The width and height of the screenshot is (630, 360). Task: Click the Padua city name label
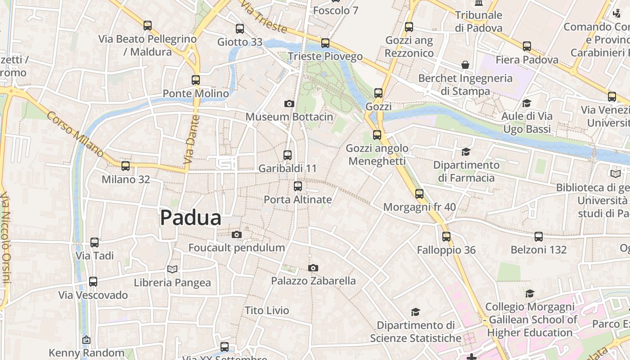191,218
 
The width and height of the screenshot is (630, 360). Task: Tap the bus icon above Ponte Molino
196,80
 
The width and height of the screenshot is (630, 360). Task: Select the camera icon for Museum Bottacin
289,104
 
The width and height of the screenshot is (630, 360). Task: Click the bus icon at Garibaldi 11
288,155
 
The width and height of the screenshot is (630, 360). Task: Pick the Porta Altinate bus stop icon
298,186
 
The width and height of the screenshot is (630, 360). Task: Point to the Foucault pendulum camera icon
237,235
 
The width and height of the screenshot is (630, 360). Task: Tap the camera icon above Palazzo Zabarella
313,268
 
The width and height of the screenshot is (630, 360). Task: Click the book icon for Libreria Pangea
172,269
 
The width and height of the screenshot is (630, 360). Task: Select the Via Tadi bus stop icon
94,243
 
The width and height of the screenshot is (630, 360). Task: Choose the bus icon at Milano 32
126,166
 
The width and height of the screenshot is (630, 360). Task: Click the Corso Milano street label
75,134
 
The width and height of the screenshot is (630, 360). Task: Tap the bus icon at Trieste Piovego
325,43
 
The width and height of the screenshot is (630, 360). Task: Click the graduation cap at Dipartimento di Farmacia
466,152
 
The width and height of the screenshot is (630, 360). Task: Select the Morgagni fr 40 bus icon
419,194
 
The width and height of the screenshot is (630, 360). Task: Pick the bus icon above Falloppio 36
446,237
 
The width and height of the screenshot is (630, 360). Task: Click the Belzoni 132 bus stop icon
539,237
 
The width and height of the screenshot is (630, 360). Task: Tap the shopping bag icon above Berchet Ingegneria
465,65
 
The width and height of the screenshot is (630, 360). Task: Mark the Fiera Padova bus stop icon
527,46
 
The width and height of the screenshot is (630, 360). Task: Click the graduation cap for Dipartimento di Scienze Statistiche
415,312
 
